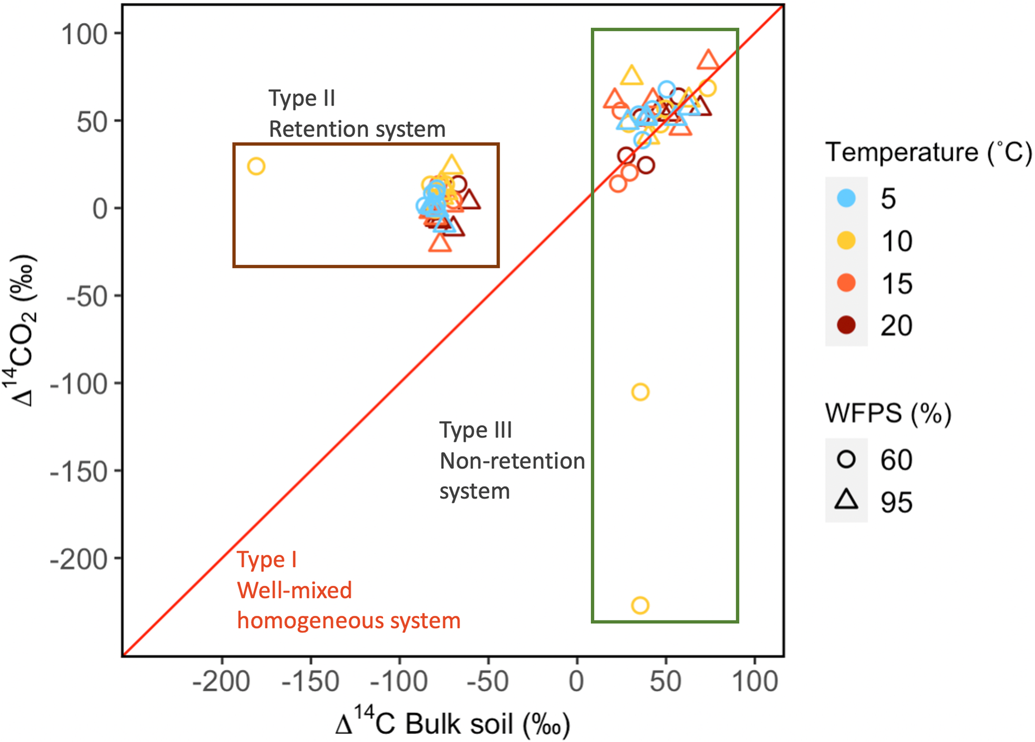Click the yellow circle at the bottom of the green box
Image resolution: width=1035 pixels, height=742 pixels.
point(640,605)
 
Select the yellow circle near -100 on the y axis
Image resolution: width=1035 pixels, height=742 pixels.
point(640,392)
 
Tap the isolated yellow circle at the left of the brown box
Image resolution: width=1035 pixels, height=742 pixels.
point(256,166)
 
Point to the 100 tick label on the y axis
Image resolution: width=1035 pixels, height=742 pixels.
point(84,34)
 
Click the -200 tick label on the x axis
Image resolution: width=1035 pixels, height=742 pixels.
point(221,682)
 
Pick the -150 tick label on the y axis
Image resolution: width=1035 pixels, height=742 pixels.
point(79,472)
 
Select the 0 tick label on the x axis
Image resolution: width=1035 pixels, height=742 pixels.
point(576,682)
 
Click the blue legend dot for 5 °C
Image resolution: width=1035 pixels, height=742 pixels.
point(846,198)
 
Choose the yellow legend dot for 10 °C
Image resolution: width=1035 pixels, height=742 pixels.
point(846,241)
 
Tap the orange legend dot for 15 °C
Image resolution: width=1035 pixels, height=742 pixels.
point(846,283)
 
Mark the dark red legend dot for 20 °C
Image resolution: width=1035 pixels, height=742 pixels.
point(846,325)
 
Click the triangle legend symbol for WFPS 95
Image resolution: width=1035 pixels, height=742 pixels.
point(846,500)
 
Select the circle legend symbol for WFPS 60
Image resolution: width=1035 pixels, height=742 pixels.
point(846,459)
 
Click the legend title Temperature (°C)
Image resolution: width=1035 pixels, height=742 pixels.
point(928,152)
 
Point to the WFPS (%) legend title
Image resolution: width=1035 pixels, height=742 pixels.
point(888,414)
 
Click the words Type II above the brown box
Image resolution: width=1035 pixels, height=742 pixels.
point(301,99)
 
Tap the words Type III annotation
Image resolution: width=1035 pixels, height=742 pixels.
point(476,430)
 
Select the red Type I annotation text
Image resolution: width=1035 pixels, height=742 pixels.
point(267,560)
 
